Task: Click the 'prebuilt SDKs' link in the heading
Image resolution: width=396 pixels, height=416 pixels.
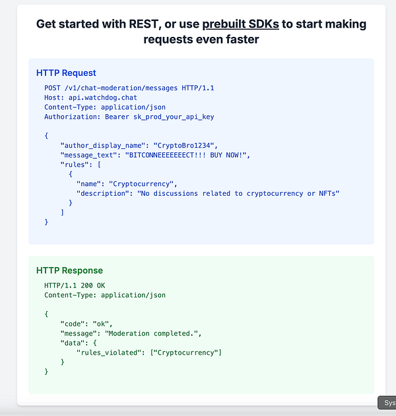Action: coord(240,25)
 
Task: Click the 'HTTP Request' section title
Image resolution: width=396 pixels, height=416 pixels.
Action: coord(66,73)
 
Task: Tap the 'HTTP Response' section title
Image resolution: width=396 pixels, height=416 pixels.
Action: coord(69,270)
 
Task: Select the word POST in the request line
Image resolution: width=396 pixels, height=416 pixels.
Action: coord(53,88)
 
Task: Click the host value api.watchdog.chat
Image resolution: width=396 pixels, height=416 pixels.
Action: coord(96,98)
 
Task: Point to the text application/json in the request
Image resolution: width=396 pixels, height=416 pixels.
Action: coord(133,107)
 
